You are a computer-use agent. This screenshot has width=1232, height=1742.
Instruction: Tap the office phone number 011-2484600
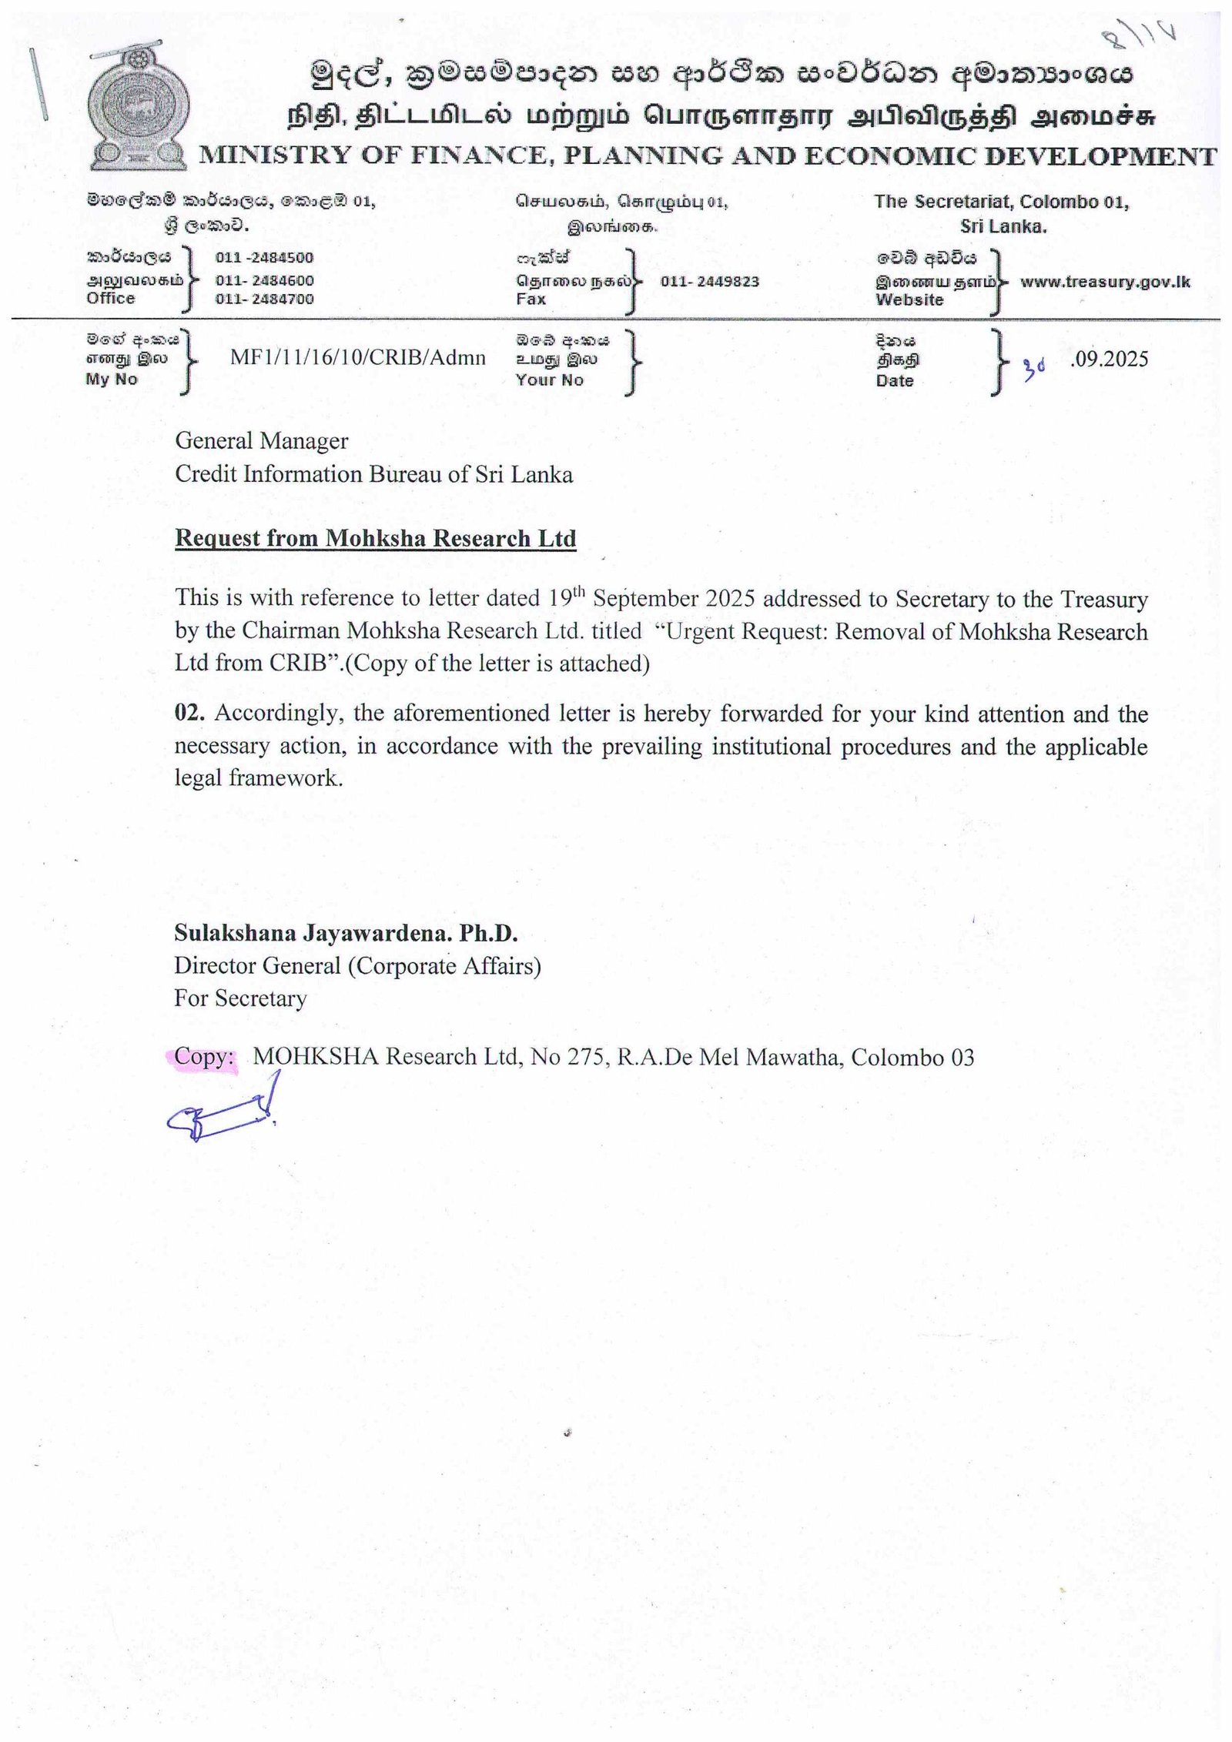click(264, 280)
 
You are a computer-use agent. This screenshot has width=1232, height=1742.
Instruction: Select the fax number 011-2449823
click(709, 281)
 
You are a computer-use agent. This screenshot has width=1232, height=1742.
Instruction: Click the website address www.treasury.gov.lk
click(1105, 282)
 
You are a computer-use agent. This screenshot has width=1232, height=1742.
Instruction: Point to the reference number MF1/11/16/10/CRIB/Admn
click(358, 357)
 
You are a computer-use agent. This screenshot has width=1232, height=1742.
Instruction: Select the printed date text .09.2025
click(1109, 359)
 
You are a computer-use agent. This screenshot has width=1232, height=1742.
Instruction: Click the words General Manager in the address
click(261, 440)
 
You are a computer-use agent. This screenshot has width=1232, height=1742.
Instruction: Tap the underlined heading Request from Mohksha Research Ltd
click(375, 538)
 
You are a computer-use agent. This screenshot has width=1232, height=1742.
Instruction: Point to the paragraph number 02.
click(189, 712)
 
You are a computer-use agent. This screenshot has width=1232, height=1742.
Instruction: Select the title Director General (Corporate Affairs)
click(357, 965)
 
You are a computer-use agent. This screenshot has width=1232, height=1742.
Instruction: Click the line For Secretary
click(240, 998)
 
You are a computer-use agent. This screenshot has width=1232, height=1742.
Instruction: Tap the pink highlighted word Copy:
click(203, 1056)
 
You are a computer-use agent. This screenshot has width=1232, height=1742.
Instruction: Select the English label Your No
click(549, 379)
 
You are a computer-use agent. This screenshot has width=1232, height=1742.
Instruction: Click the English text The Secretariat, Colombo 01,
click(1001, 202)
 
